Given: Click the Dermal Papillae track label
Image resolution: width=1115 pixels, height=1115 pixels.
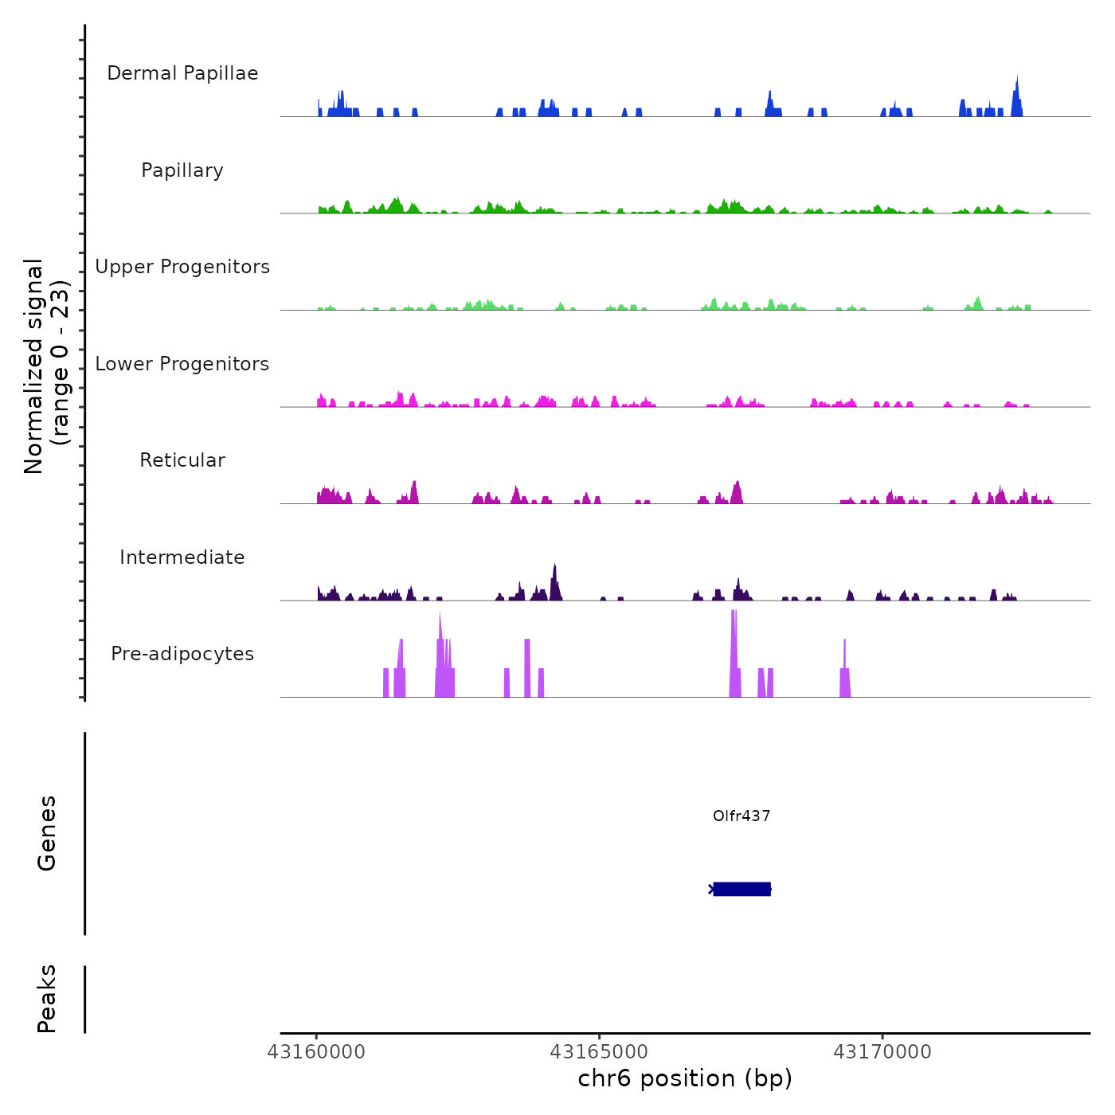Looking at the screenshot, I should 182,73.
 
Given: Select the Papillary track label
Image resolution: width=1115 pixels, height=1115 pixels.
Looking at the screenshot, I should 182,170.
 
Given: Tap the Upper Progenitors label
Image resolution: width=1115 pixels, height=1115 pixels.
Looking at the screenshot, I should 182,267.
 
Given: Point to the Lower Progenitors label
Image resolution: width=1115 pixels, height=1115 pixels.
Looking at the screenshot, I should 182,364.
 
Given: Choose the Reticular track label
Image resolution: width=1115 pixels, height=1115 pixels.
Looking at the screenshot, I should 182,460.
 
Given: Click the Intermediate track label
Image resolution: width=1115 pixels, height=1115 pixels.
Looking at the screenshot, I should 182,557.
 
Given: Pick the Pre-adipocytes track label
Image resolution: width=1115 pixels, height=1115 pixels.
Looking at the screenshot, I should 182,654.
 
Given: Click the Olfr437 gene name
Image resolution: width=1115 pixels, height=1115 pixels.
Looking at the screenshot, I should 741,816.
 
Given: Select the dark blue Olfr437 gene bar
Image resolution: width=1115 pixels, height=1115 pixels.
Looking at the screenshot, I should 741,889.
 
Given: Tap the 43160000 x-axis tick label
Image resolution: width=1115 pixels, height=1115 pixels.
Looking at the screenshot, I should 316,1052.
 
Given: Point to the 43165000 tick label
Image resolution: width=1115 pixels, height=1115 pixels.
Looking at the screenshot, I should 599,1052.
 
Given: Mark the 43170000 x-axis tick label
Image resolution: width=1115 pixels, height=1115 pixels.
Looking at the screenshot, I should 882,1052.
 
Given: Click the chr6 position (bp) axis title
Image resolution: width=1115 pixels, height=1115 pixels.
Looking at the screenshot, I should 685,1078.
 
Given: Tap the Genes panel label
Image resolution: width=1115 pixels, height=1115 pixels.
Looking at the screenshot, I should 46,833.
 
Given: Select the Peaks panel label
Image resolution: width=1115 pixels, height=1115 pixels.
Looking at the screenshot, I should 46,999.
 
